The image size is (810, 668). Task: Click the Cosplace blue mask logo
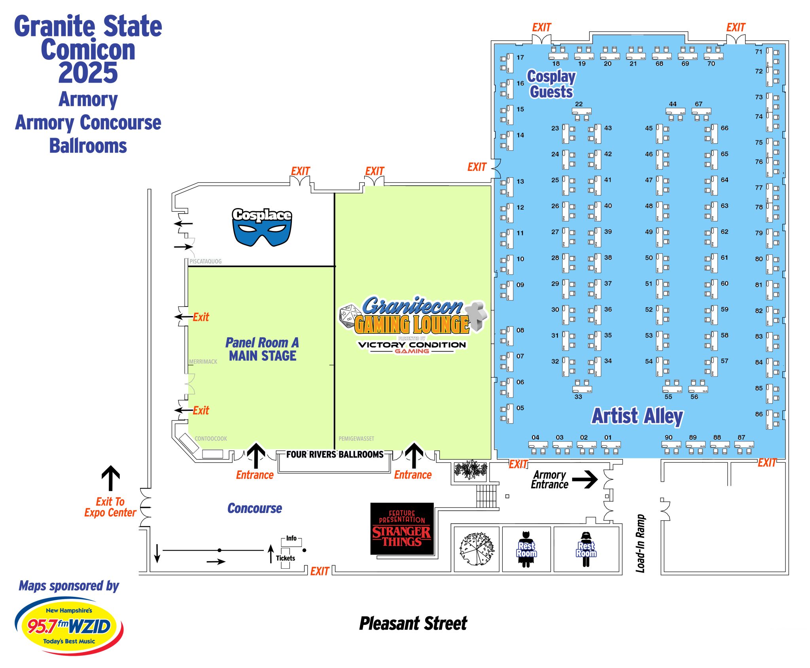point(262,227)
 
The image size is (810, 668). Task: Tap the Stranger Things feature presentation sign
point(402,529)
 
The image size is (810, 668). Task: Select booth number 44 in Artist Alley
point(672,104)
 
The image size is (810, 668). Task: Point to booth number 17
point(520,58)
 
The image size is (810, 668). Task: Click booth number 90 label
point(668,437)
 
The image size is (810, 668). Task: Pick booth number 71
point(758,52)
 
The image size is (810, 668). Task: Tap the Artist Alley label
point(637,416)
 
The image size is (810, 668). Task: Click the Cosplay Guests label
point(551,84)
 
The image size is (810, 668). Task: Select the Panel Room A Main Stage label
point(262,349)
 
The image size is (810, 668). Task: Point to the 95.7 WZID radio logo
point(69,626)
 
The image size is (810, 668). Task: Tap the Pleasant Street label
point(413,624)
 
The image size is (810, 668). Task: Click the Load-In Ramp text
point(640,543)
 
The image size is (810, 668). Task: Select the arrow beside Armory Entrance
point(585,479)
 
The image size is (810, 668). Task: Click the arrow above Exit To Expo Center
point(111,478)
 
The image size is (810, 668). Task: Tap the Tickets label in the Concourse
point(285,558)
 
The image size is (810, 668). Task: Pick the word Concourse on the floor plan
point(254,508)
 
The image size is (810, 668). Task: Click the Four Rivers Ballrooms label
point(335,454)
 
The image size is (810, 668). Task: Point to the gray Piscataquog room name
point(205,261)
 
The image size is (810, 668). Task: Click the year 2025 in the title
point(88,73)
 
